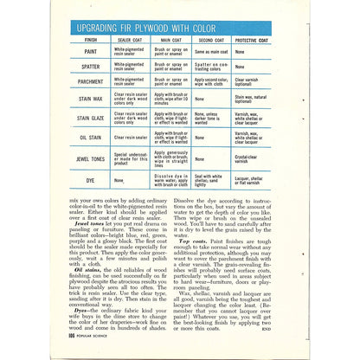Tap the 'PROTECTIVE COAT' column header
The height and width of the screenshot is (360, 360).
[257, 39]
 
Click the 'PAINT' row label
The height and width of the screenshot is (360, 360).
[91, 51]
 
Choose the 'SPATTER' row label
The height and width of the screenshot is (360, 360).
[91, 66]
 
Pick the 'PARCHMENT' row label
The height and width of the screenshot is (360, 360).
[91, 82]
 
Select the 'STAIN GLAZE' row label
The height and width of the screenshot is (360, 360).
[91, 119]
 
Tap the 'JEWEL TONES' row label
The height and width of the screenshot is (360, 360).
[91, 158]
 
